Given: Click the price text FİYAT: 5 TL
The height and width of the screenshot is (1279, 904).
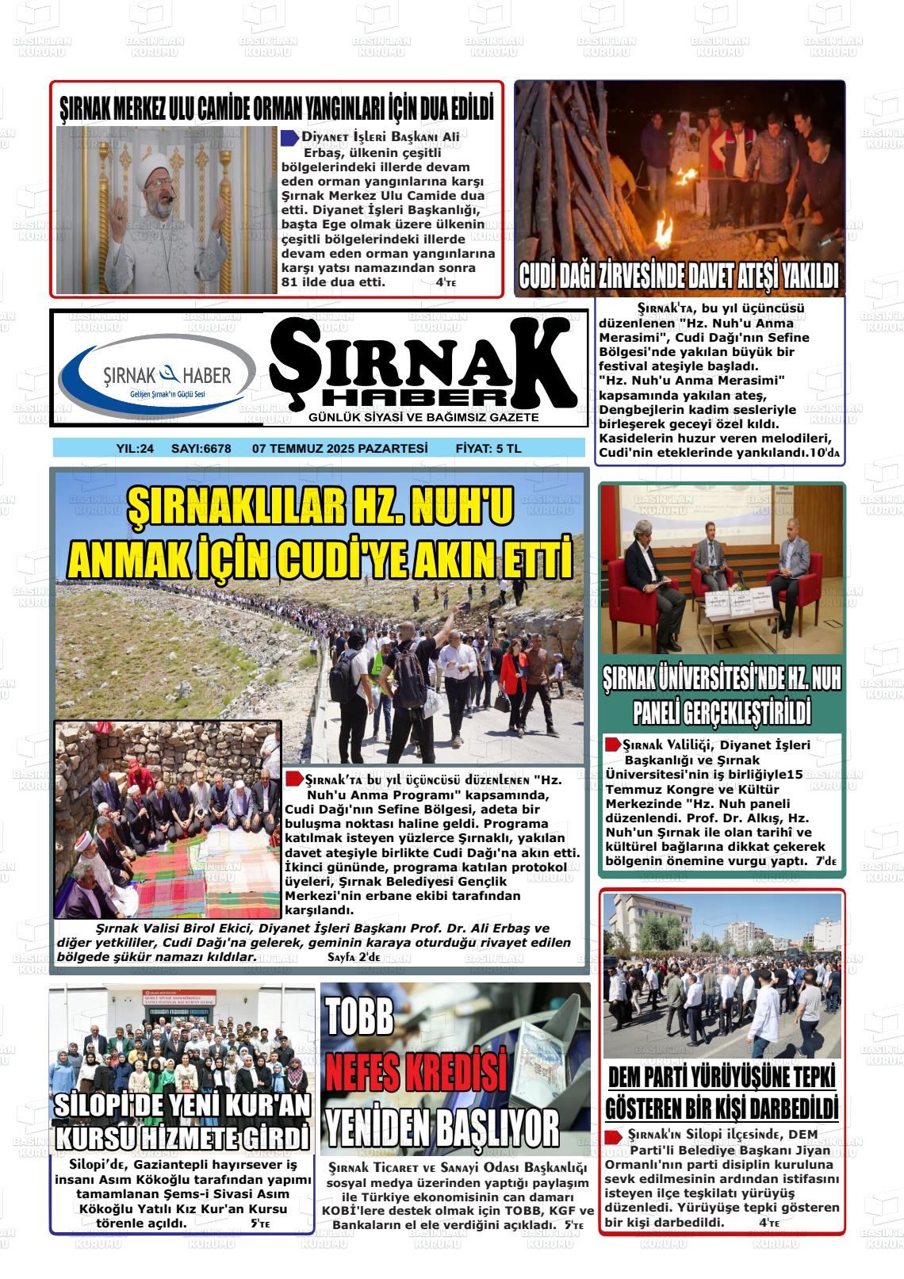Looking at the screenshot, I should (x=488, y=449).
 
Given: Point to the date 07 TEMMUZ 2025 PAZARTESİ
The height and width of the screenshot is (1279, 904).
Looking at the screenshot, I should (x=339, y=449).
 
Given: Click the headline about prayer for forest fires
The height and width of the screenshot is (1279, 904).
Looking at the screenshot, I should (x=277, y=108).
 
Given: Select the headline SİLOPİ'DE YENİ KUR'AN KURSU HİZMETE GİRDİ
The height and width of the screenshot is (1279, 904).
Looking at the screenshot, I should (x=182, y=1121).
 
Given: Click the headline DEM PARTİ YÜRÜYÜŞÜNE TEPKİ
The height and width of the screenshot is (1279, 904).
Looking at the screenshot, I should (x=722, y=1078).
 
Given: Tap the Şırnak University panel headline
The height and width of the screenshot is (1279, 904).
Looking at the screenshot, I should (x=722, y=695).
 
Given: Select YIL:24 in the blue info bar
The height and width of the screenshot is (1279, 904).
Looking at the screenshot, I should (x=135, y=449).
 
